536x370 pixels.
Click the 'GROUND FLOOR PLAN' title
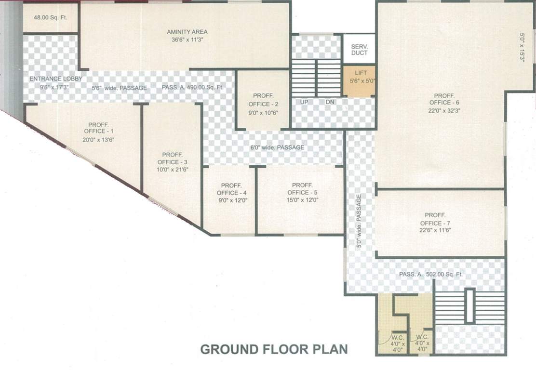coord(273,349)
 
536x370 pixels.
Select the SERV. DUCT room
coord(359,49)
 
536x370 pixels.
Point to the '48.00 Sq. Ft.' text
coord(49,17)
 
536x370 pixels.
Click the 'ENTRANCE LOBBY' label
coord(55,79)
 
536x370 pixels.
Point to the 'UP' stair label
coord(304,102)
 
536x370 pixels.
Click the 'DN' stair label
coord(330,102)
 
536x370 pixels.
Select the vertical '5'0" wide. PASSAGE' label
coord(359,221)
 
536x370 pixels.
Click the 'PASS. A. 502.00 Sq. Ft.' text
coord(431,274)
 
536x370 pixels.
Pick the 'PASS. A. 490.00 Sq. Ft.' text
coord(192,88)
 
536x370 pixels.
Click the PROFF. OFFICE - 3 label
coord(172,162)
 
